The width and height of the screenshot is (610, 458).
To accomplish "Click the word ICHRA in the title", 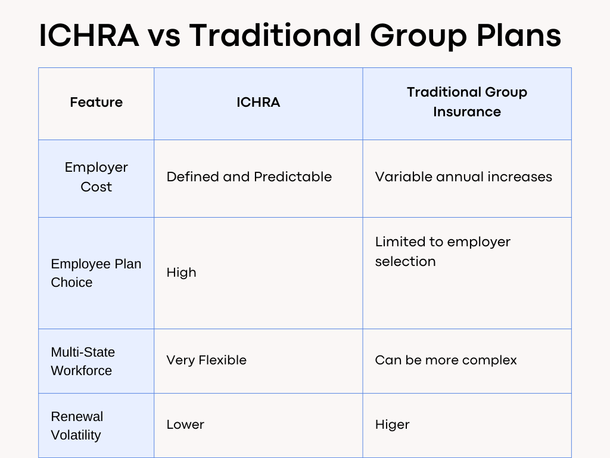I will click(89, 36).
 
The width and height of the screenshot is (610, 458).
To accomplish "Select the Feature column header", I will click(96, 103).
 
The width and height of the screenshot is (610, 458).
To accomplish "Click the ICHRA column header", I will click(258, 103).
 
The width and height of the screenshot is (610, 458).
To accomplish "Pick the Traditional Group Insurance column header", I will click(466, 102).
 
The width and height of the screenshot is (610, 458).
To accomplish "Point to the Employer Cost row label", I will click(96, 177).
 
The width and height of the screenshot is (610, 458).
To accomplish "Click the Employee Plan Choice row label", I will click(96, 273).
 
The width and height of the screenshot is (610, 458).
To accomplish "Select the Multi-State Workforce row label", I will click(83, 361).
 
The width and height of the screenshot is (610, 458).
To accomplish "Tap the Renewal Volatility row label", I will click(77, 426).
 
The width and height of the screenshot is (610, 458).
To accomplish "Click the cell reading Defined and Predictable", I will click(249, 177).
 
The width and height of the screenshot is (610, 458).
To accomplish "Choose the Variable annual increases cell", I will click(463, 177).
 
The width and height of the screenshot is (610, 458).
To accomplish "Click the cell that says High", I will click(181, 273).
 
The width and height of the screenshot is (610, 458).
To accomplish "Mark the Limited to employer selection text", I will click(443, 252).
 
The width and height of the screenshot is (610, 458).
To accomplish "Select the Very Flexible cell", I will click(206, 360).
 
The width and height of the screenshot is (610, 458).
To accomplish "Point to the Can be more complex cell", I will click(446, 360).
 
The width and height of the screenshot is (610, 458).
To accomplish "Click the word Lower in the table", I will click(185, 425).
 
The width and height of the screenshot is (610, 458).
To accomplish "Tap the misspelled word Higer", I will click(392, 425).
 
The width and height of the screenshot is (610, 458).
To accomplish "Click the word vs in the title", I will click(164, 36).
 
